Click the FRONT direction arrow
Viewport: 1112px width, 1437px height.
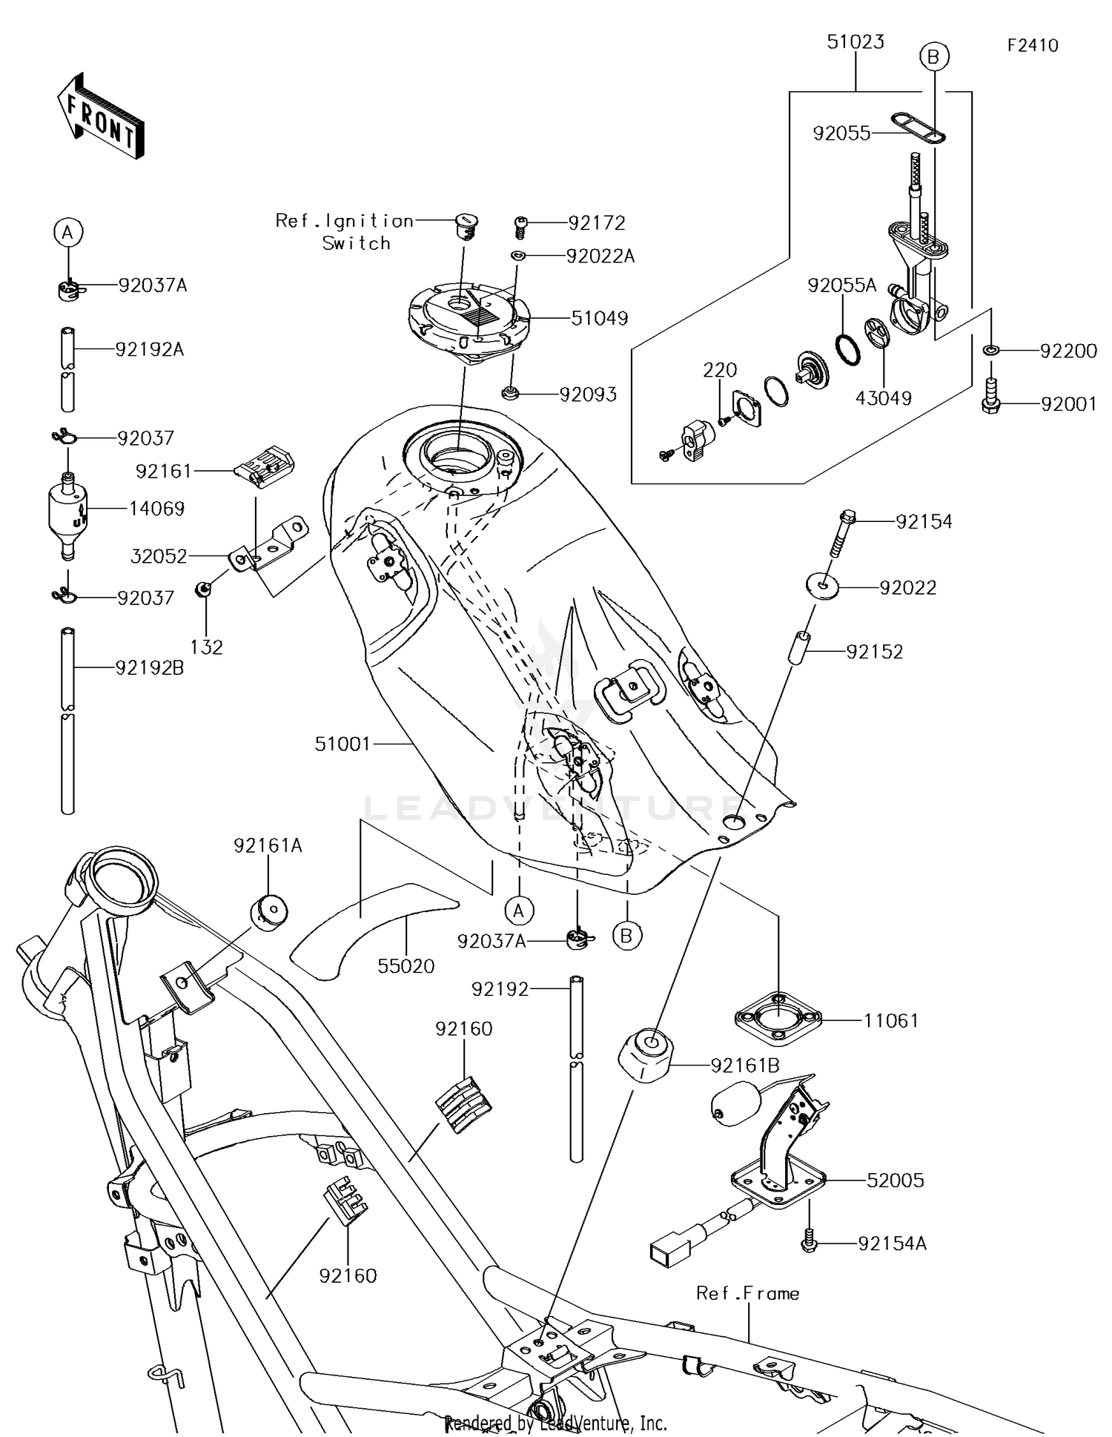click(x=100, y=116)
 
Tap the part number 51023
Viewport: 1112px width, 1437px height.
click(x=855, y=42)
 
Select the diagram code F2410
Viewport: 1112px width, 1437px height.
click(x=1032, y=46)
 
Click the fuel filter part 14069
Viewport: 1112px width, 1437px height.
click(x=68, y=511)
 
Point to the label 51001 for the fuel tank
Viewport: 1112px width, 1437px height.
click(x=342, y=744)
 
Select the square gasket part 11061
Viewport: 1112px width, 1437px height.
click(x=778, y=1019)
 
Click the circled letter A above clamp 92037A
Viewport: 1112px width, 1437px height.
click(x=67, y=233)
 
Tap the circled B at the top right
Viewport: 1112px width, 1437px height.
click(x=933, y=56)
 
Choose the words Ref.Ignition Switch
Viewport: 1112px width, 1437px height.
click(x=345, y=231)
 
